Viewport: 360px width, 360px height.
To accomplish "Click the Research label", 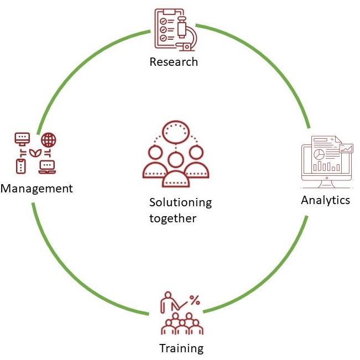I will (174, 61).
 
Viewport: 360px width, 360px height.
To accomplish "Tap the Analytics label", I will (325, 200).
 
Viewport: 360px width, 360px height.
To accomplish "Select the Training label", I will (181, 348).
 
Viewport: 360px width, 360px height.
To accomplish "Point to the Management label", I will (36, 189).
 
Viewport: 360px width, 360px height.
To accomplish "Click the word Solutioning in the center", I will (180, 202).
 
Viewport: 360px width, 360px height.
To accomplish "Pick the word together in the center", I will (173, 218).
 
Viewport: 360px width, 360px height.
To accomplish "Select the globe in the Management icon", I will (49, 139).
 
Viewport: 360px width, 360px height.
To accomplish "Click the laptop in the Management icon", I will (48, 165).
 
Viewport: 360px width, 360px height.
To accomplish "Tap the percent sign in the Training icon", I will (195, 300).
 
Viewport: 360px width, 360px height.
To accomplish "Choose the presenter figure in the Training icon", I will (166, 303).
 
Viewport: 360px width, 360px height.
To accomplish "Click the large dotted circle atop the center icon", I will (175, 132).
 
